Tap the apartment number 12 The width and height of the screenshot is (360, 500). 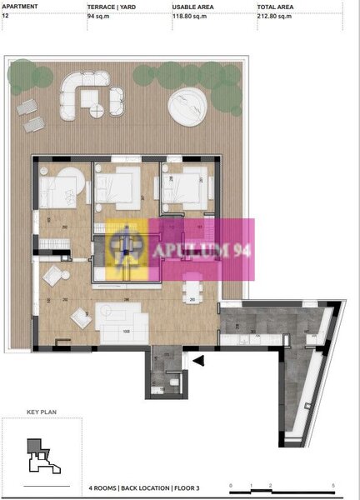(x=6, y=15)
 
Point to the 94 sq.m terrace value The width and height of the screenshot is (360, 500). (x=100, y=15)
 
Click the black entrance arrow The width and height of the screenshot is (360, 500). (x=198, y=360)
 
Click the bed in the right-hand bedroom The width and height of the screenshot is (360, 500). (x=185, y=189)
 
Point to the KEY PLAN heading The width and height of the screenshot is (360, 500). (x=40, y=412)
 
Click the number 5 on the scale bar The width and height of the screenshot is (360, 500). (x=333, y=485)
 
